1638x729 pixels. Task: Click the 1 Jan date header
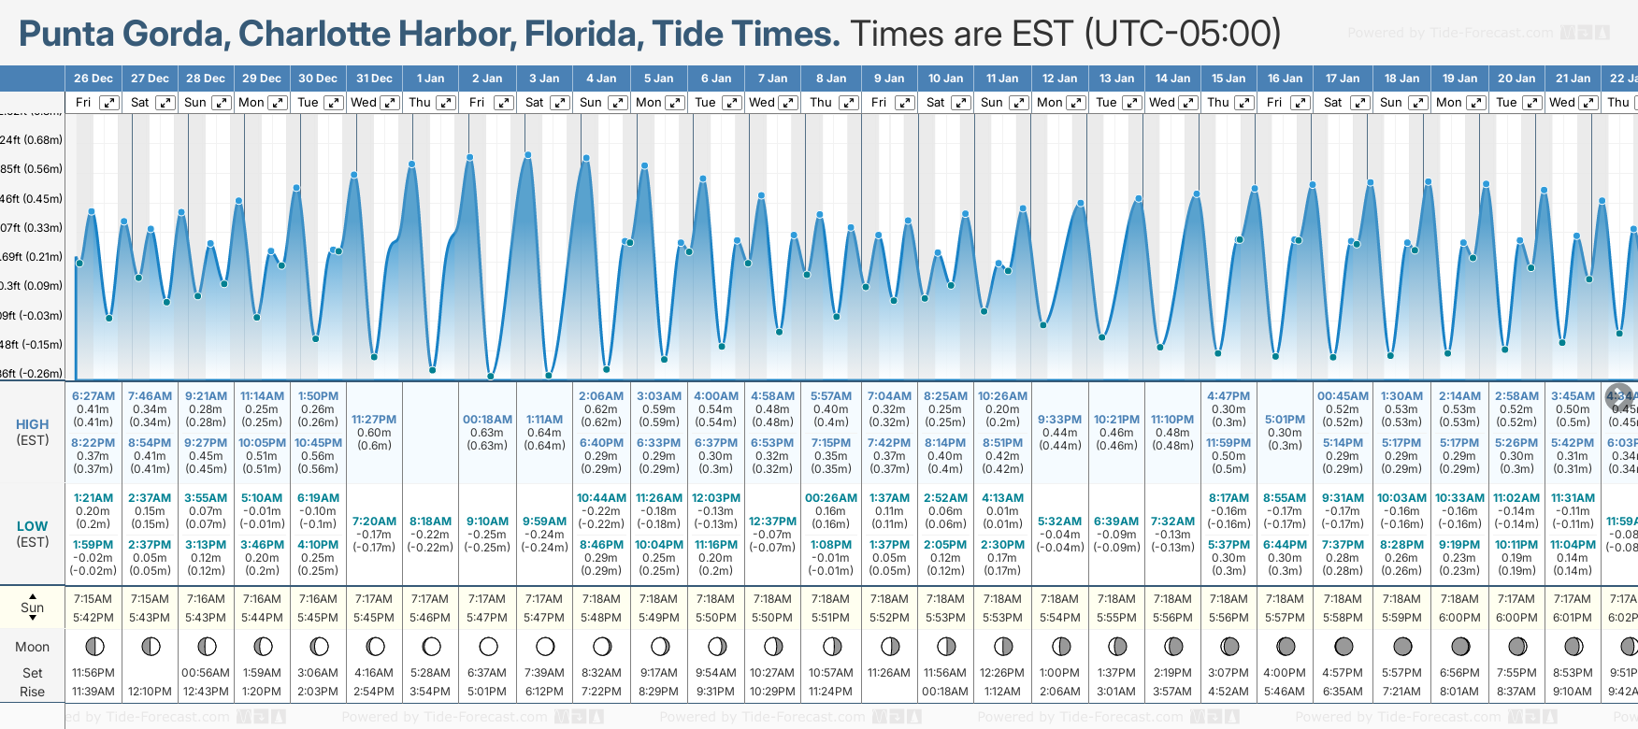click(431, 79)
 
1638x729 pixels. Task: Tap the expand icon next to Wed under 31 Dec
click(390, 103)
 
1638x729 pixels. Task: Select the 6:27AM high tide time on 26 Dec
click(93, 396)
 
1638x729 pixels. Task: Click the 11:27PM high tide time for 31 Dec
click(374, 420)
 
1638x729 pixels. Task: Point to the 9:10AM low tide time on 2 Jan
click(487, 522)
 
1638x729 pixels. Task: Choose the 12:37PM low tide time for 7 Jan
click(773, 522)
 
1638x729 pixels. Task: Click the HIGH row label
click(33, 424)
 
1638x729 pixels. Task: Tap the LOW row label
click(33, 526)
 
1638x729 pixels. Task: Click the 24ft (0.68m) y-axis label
click(31, 140)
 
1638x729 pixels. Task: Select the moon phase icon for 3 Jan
click(545, 646)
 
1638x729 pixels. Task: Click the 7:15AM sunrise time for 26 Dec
click(93, 599)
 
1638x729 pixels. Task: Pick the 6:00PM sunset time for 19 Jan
click(1459, 618)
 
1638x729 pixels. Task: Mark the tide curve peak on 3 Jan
click(528, 154)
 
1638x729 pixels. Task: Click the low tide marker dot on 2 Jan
click(491, 377)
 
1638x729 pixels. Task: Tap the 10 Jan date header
click(945, 79)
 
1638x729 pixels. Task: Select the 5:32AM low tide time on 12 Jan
click(1060, 522)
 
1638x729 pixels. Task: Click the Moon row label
click(33, 647)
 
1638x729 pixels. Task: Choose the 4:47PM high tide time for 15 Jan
click(1228, 396)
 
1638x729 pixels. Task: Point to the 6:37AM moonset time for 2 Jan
click(487, 673)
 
